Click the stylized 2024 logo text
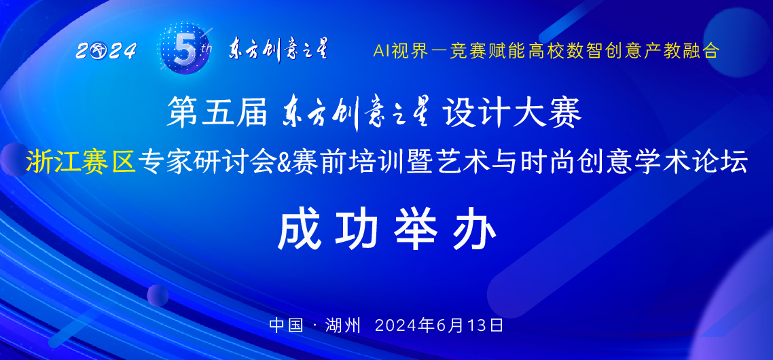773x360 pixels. pos(107,51)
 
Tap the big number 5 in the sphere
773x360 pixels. pos(183,50)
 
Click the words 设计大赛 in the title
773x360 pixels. pos(512,113)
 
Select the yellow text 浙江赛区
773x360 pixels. pos(82,161)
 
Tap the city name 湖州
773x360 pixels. pos(344,325)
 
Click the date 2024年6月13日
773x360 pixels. pos(439,325)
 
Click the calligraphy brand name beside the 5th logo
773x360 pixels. pos(278,49)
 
